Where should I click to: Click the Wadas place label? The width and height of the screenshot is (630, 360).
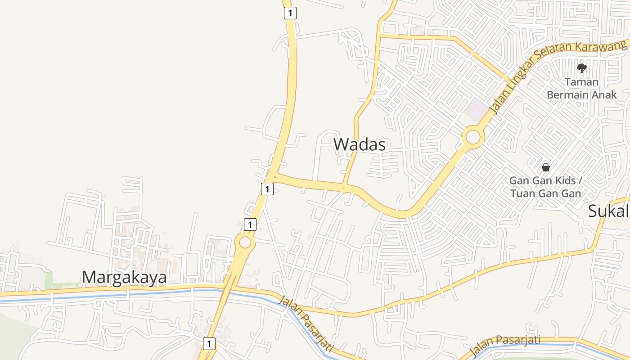pyautogui.click(x=359, y=144)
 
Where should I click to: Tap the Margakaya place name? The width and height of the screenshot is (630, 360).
pyautogui.click(x=124, y=277)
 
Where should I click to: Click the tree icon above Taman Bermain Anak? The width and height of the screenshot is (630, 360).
pyautogui.click(x=581, y=68)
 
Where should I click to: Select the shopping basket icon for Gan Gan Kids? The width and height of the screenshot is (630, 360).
pyautogui.click(x=545, y=167)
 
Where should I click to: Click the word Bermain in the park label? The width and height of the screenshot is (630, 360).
pyautogui.click(x=568, y=94)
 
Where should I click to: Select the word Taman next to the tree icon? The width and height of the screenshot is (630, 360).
pyautogui.click(x=581, y=82)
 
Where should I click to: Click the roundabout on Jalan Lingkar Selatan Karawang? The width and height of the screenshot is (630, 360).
pyautogui.click(x=473, y=136)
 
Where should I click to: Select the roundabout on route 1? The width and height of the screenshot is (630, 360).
pyautogui.click(x=245, y=243)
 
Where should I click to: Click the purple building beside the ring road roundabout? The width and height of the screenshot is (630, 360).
pyautogui.click(x=477, y=109)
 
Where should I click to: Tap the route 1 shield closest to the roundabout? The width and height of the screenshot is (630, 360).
pyautogui.click(x=250, y=224)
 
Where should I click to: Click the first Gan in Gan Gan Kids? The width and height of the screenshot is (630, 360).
pyautogui.click(x=517, y=180)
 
